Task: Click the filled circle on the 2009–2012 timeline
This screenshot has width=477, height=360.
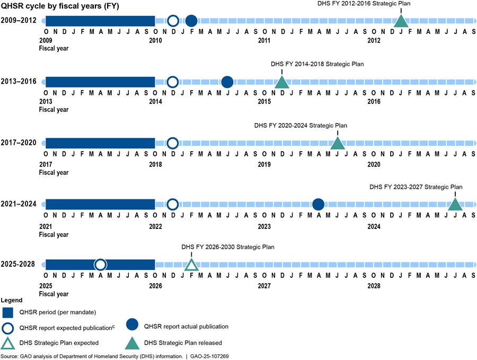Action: click(x=191, y=21)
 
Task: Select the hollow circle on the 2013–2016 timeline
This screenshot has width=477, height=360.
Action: click(x=172, y=82)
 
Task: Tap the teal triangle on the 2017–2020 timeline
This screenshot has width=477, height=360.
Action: click(x=338, y=143)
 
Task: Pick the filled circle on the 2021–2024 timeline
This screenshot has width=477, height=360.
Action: click(x=318, y=204)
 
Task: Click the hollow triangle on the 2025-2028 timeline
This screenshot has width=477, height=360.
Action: click(x=191, y=265)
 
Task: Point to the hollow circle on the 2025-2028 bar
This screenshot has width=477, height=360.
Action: click(x=100, y=265)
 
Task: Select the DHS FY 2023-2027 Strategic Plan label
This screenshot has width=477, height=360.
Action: click(x=416, y=187)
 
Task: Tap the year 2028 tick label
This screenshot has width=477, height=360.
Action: click(x=374, y=286)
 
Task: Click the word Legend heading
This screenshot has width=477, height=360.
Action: click(x=11, y=300)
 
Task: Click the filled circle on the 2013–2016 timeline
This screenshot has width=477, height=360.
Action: click(x=227, y=82)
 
